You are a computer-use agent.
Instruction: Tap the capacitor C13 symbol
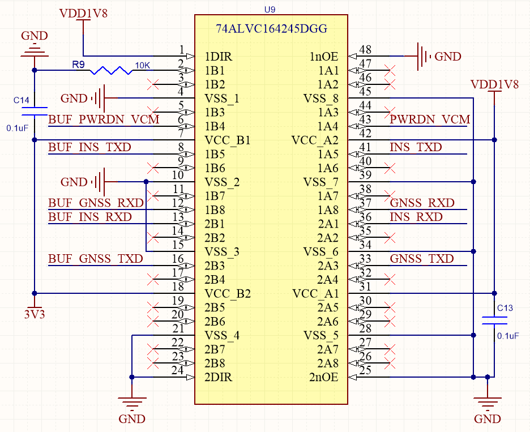pyautogui.click(x=494, y=320)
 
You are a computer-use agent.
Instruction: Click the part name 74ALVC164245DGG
pyautogui.click(x=272, y=29)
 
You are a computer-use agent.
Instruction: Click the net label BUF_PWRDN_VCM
pyautogui.click(x=104, y=119)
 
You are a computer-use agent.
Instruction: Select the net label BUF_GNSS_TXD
pyautogui.click(x=96, y=259)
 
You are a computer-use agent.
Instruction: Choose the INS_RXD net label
pyautogui.click(x=416, y=217)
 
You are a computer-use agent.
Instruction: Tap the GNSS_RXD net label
pyautogui.click(x=422, y=203)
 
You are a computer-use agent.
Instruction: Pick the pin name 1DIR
pyautogui.click(x=219, y=57)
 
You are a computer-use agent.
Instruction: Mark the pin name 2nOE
pyautogui.click(x=324, y=377)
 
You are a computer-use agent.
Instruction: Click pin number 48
pyautogui.click(x=365, y=50)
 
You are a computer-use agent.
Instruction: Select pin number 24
pyautogui.click(x=177, y=371)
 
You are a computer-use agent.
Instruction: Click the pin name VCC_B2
pyautogui.click(x=227, y=294)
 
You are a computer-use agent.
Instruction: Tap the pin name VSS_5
pyautogui.click(x=321, y=335)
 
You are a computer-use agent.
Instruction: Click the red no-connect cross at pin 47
pyautogui.click(x=388, y=71)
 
